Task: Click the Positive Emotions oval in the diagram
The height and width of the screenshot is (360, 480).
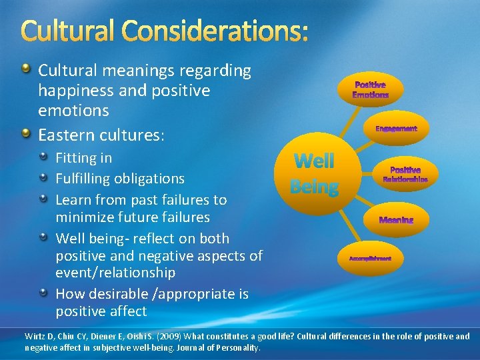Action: point(370,90)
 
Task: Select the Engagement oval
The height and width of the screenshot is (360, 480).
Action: point(396,128)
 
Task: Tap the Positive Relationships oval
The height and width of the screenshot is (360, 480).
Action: point(405,175)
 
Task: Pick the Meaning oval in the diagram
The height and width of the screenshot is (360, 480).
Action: point(396,220)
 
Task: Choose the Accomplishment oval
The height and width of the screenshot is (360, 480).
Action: point(370,257)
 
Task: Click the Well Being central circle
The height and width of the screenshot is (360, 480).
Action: point(314,173)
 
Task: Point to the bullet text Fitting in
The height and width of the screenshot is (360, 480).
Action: point(83,158)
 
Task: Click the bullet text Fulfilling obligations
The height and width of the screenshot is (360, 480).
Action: point(120,179)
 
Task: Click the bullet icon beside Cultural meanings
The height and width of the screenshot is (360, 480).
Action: point(26,69)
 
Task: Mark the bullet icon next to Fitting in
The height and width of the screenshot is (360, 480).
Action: point(43,158)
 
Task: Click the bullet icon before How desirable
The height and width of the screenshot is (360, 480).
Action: point(43,293)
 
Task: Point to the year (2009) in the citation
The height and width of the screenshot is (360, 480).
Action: point(155,336)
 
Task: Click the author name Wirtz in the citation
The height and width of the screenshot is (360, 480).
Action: point(35,336)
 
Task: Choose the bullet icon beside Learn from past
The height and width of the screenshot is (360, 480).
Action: point(43,199)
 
